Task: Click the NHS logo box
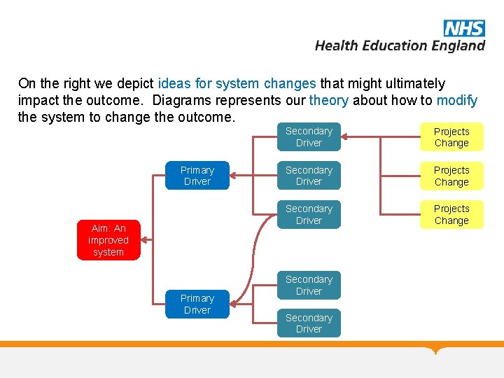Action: click(463, 28)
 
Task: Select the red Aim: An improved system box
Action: click(108, 240)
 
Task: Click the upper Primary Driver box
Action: click(197, 176)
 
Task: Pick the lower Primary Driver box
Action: click(197, 304)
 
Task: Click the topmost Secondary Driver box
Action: click(309, 137)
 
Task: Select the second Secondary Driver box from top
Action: click(309, 176)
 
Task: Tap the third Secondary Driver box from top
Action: click(309, 215)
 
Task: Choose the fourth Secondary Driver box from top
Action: click(309, 285)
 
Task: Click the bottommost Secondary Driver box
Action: click(309, 323)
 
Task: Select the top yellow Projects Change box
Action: click(451, 137)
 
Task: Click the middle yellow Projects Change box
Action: click(451, 176)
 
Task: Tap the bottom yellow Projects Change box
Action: click(451, 215)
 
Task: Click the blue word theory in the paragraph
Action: click(328, 100)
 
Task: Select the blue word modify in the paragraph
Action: click(456, 100)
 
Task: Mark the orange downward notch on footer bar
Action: click(437, 350)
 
